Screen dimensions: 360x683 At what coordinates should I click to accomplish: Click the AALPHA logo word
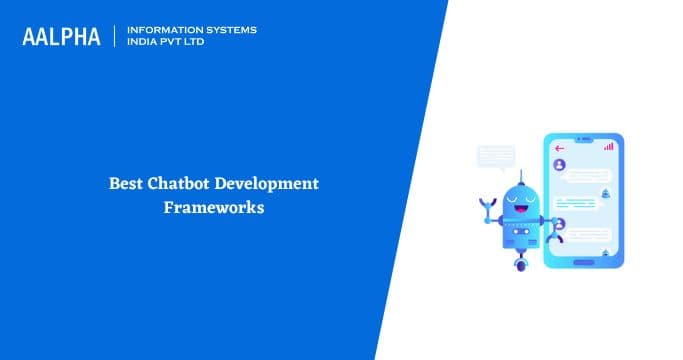click(63, 37)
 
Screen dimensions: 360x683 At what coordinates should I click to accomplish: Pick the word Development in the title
click(271, 185)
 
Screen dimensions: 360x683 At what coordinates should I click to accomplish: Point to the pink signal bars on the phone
click(609, 146)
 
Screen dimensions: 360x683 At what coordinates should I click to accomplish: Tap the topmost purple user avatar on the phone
click(559, 164)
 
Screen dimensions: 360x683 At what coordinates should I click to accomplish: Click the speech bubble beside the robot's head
click(496, 156)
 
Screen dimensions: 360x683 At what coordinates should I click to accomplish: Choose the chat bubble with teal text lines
click(577, 200)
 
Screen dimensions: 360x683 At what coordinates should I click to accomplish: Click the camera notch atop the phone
click(581, 138)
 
